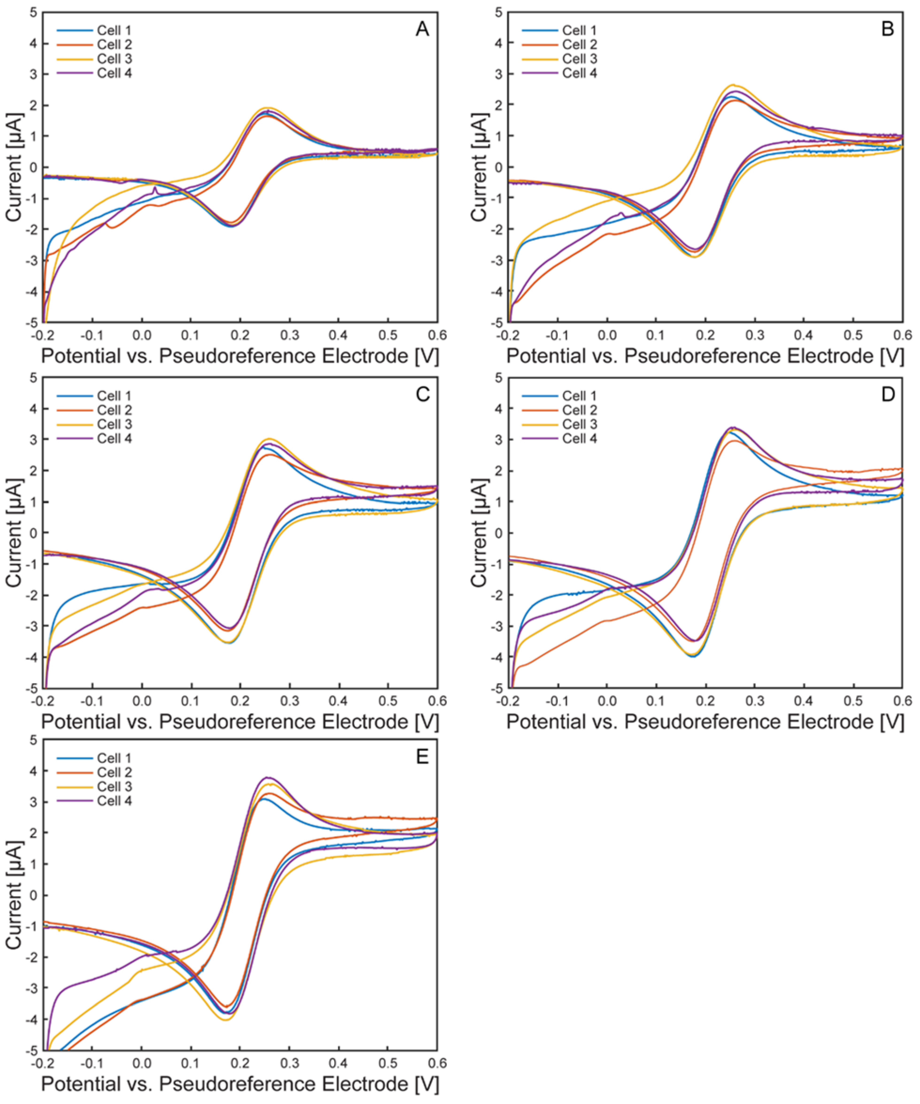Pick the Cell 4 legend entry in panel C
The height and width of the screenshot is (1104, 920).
point(114,438)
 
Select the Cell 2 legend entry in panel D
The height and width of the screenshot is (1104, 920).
point(579,410)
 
